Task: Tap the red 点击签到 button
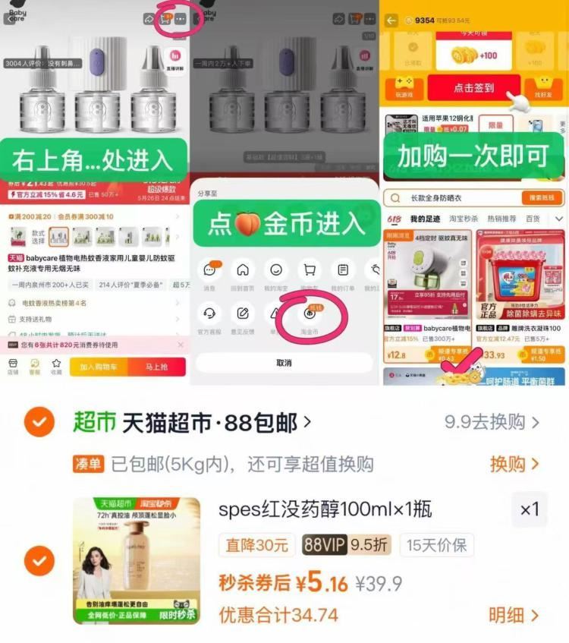point(473,87)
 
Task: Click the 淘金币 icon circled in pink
point(310,314)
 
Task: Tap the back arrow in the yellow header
point(391,20)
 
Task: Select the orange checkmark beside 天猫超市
point(39,422)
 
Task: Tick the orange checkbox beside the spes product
point(39,561)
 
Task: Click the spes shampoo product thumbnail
point(137,561)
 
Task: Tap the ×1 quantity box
point(530,510)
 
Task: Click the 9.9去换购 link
point(492,422)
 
